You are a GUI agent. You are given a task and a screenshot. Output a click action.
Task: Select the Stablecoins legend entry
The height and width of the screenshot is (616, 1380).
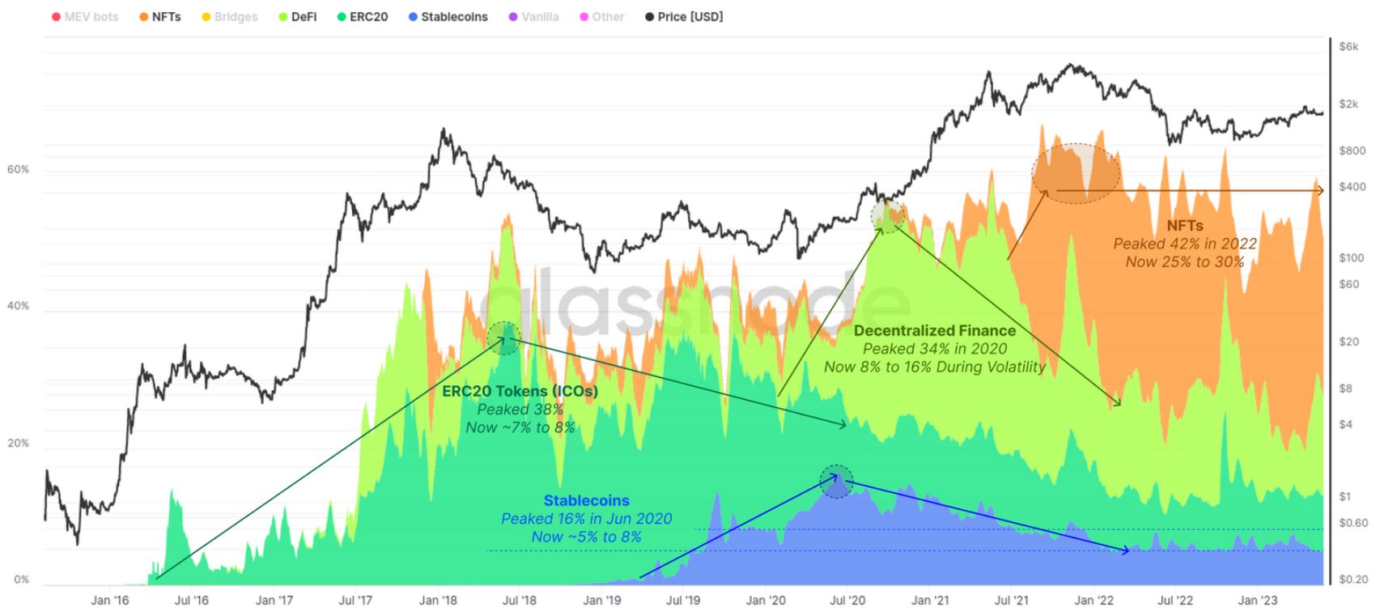click(448, 16)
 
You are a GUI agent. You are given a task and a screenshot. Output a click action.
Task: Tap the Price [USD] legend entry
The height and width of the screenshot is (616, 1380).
click(684, 16)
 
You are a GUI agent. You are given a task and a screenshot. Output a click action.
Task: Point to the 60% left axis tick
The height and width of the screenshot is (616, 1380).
click(18, 169)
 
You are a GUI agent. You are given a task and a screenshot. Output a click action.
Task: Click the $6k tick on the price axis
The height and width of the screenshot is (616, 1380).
click(1348, 46)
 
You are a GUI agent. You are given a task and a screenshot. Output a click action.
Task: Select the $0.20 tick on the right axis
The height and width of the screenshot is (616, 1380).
click(1353, 579)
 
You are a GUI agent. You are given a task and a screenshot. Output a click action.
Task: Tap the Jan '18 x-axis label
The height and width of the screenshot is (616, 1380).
click(439, 600)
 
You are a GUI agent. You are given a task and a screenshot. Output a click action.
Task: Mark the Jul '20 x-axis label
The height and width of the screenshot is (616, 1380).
click(847, 600)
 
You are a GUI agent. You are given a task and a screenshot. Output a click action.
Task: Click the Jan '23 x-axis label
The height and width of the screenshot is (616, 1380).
click(1258, 600)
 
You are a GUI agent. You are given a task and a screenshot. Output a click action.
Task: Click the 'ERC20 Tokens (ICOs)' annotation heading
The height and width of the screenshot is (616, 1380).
click(520, 391)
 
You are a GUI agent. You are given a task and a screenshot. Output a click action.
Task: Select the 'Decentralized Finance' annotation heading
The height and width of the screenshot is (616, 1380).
click(934, 330)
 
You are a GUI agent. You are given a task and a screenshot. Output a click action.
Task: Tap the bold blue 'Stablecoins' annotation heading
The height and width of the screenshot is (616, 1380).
click(586, 500)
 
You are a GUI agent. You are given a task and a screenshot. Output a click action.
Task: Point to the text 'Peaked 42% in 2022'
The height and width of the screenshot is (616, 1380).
click(1184, 244)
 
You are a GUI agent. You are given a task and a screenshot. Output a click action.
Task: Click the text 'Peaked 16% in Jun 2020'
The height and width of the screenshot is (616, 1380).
click(586, 518)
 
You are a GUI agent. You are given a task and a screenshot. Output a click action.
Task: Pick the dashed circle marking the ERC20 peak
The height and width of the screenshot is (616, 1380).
click(504, 338)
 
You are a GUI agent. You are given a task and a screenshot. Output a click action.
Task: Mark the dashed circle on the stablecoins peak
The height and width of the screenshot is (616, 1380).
click(836, 481)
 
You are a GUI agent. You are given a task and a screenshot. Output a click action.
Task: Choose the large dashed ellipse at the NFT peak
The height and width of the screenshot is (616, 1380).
click(1075, 173)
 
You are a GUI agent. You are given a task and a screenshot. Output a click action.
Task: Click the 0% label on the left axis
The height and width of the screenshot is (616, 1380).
click(21, 580)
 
